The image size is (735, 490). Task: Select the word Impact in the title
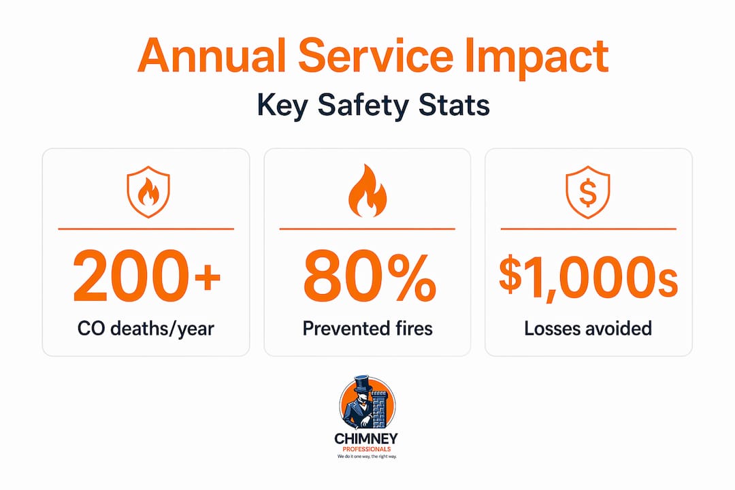(x=537, y=59)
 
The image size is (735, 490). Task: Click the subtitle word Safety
(x=363, y=106)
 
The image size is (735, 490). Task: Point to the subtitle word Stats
(x=454, y=105)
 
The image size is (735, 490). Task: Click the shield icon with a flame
(x=148, y=192)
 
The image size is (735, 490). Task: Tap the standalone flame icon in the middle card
(x=367, y=191)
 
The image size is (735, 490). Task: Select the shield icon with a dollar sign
(x=588, y=192)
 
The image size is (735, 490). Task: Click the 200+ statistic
(x=147, y=276)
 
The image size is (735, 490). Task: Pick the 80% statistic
(x=370, y=276)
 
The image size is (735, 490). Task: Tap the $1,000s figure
(x=588, y=278)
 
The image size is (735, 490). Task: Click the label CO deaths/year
(x=146, y=329)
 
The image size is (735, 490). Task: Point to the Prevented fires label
(x=367, y=328)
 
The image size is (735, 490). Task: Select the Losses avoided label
(x=588, y=328)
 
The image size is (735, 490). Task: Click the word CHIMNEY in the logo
(x=366, y=439)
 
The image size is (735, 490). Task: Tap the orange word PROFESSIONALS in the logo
(x=367, y=449)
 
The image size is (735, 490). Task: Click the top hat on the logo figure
(x=363, y=384)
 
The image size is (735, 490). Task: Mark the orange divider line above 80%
(x=367, y=229)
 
